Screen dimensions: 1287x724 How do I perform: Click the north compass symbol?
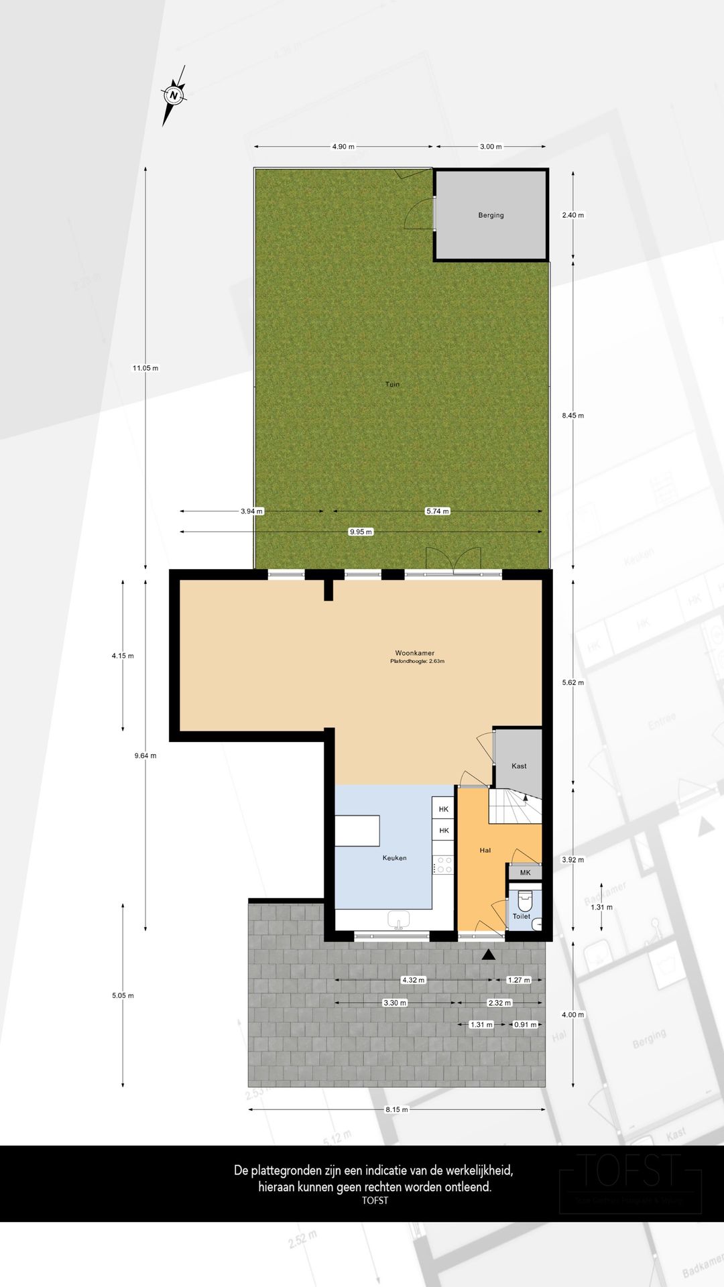(x=174, y=95)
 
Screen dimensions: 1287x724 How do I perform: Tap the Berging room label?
(x=491, y=215)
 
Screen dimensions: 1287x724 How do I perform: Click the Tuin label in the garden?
(x=392, y=384)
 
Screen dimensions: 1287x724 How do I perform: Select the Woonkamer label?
(x=414, y=653)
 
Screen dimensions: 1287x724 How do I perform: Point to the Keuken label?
(x=394, y=858)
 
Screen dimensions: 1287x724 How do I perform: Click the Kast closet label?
(x=519, y=766)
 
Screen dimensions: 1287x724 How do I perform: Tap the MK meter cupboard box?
(x=525, y=873)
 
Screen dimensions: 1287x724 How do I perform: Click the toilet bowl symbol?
(x=525, y=900)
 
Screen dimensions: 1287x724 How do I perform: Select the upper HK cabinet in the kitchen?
(x=443, y=809)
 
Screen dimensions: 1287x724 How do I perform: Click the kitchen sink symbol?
(x=399, y=920)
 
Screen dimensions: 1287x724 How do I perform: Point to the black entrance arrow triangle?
(x=489, y=955)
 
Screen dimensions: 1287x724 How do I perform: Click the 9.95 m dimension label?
(x=361, y=532)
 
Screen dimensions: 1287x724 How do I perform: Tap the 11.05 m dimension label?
(x=145, y=368)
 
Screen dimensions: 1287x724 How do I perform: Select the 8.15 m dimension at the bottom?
(x=396, y=1109)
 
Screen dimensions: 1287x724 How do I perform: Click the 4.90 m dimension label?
(x=343, y=146)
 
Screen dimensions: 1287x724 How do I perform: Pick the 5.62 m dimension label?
(x=572, y=682)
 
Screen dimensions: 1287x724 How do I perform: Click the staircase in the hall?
(x=515, y=806)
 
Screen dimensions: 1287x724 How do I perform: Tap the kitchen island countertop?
(x=357, y=831)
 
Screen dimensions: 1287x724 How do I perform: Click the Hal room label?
(x=485, y=850)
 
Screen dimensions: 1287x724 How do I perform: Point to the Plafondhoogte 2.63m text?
(x=417, y=662)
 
